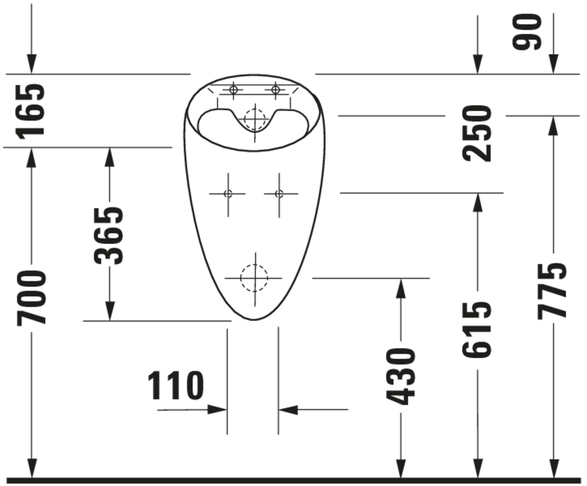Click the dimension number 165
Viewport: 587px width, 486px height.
pos(30,112)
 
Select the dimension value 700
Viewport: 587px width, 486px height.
pos(32,298)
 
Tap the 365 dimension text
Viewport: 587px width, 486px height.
pos(108,236)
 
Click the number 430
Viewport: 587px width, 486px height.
pos(401,376)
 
